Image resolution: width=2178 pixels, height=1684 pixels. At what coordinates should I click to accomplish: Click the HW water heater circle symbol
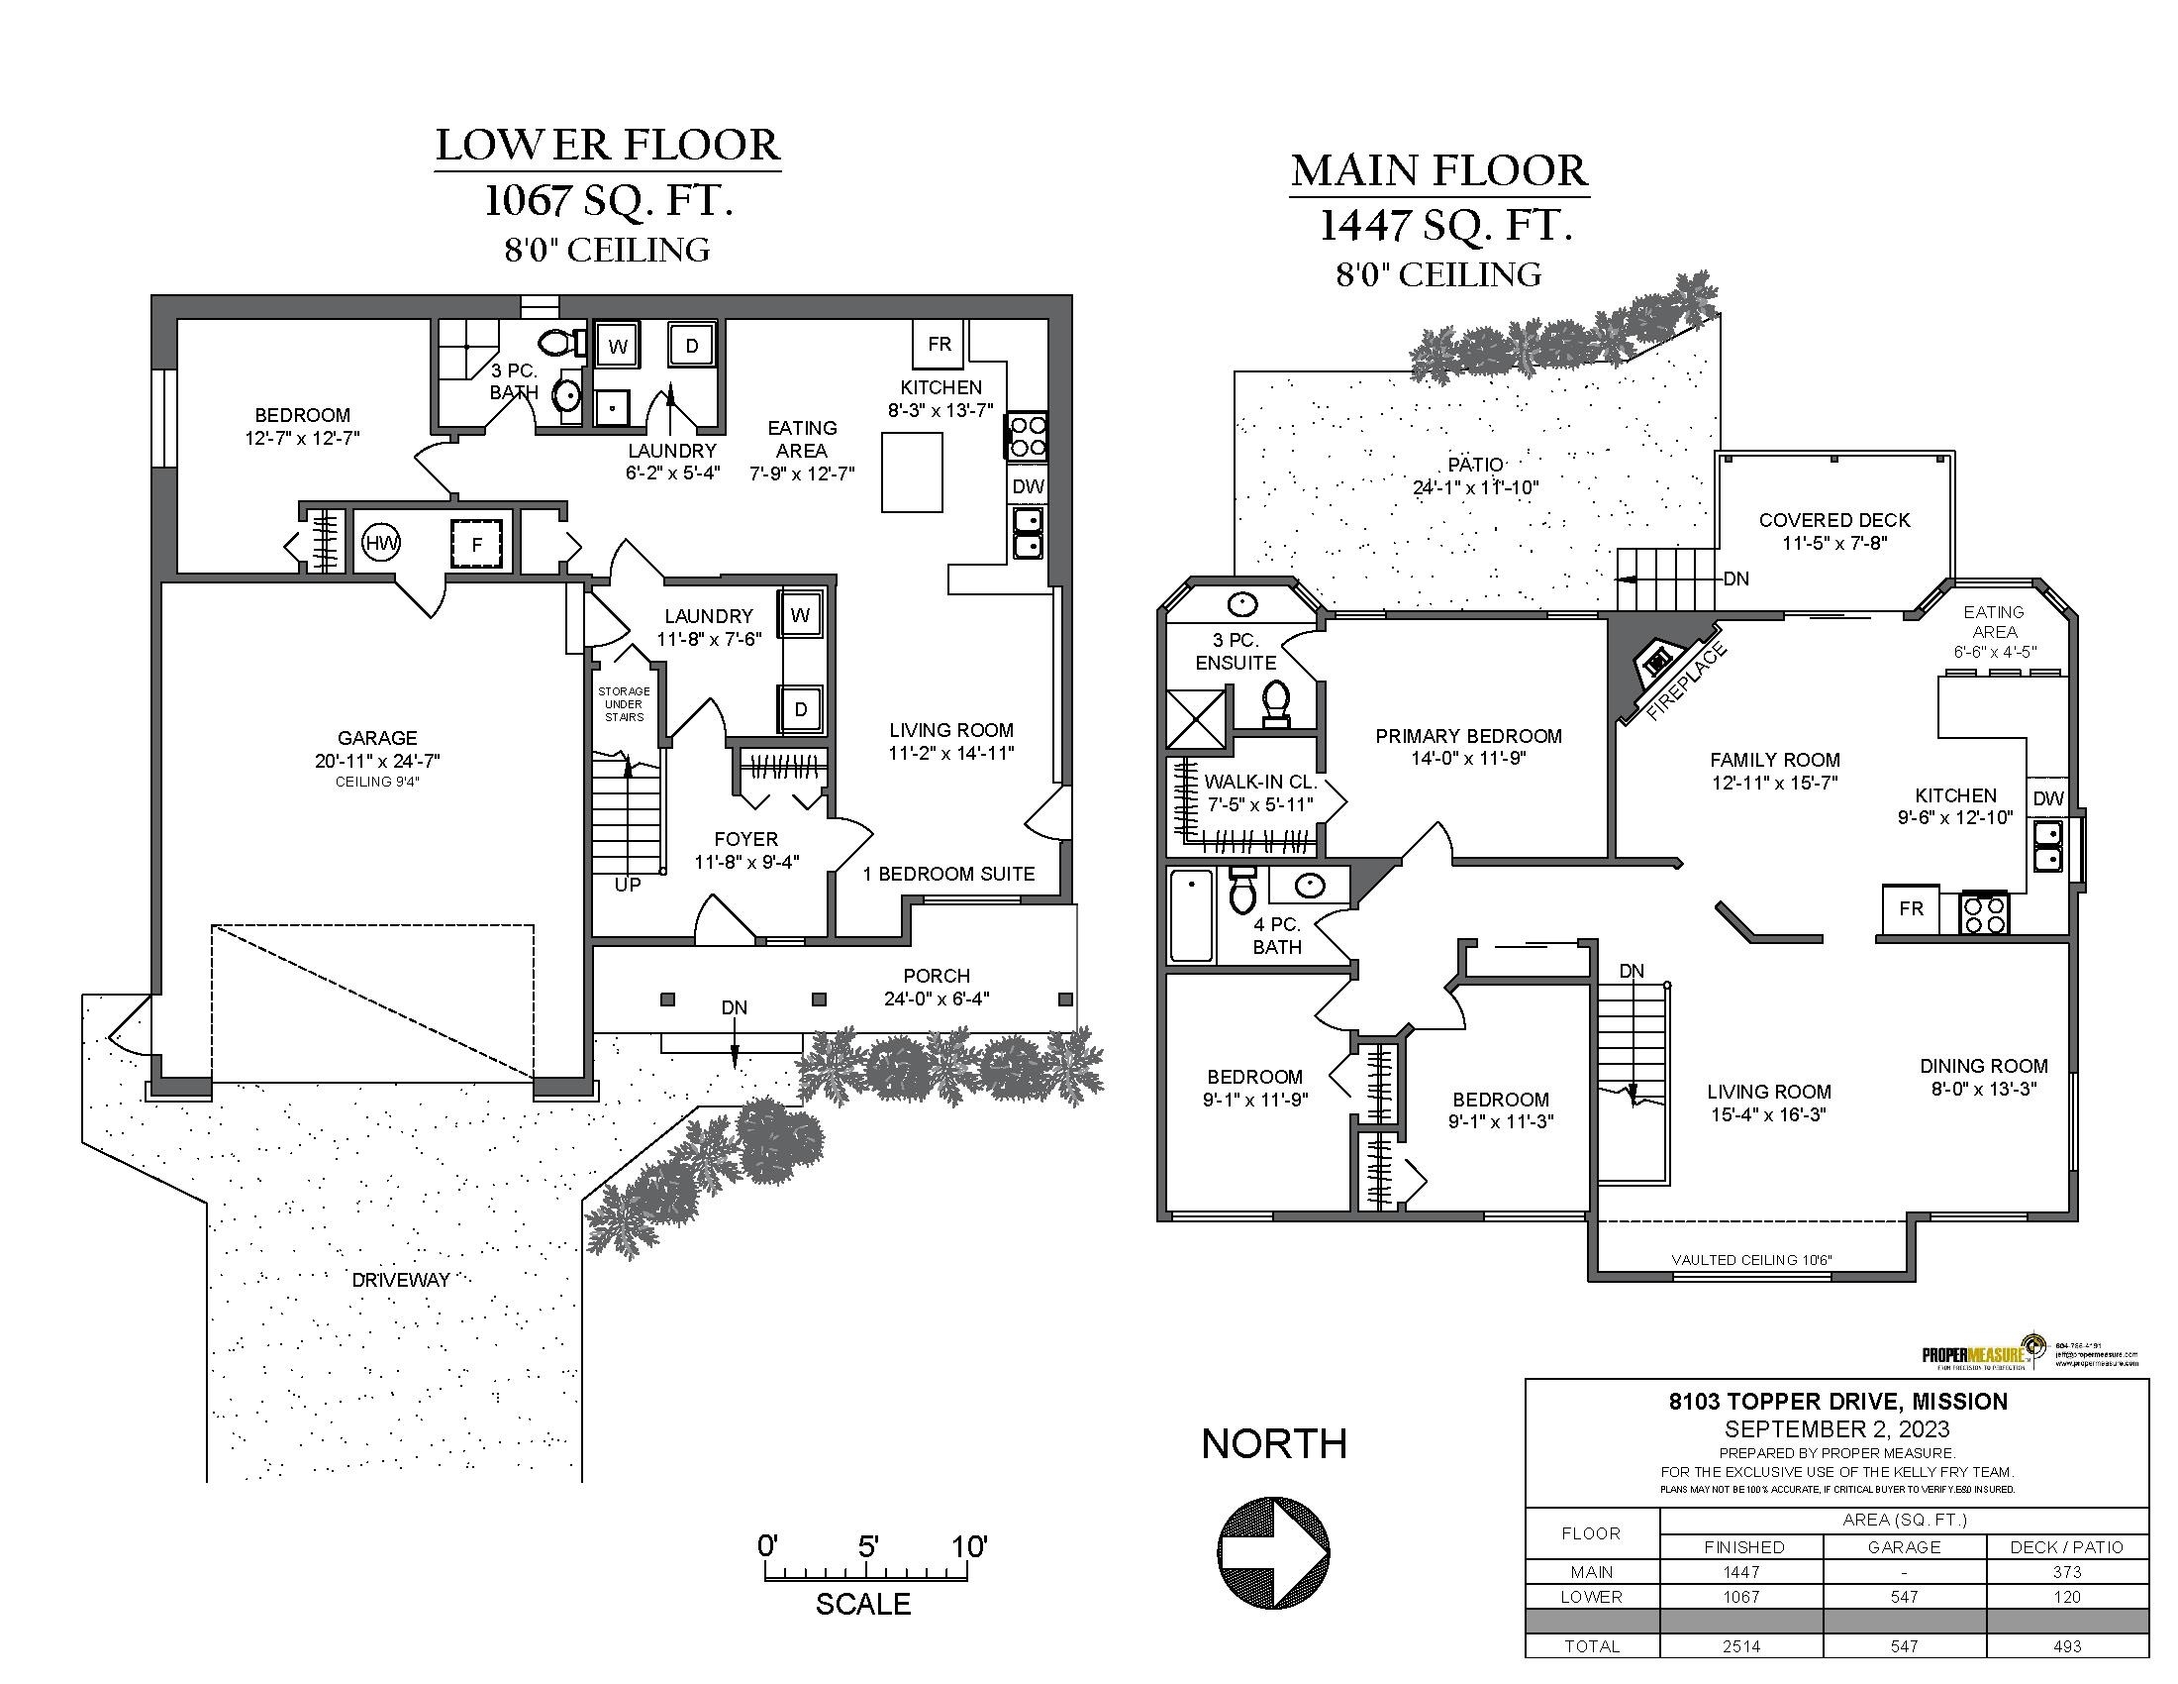click(x=381, y=544)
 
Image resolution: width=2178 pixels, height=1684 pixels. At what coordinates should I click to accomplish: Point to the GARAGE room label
click(x=377, y=738)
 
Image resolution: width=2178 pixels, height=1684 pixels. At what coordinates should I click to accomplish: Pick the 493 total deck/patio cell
click(x=2066, y=1646)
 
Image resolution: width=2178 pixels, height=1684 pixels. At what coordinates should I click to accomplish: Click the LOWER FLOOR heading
click(x=607, y=146)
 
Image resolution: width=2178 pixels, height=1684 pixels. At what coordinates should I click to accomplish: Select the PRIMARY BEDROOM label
click(x=1468, y=736)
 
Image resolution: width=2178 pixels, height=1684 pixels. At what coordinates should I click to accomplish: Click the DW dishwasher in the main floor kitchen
click(x=2047, y=798)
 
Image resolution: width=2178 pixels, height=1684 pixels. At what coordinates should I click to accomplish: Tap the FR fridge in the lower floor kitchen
click(x=939, y=344)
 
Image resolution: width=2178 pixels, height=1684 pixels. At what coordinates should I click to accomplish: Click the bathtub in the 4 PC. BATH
click(x=1191, y=915)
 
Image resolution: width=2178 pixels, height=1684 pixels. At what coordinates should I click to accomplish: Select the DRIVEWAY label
click(x=400, y=1280)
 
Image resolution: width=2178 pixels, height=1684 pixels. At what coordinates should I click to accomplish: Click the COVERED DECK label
click(x=1833, y=520)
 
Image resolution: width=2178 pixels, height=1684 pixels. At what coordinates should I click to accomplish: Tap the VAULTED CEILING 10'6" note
click(x=1751, y=1260)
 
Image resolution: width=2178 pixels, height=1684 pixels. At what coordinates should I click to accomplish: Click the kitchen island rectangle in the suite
click(x=912, y=472)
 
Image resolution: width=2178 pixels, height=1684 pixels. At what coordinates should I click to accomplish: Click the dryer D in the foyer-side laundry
click(x=800, y=709)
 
